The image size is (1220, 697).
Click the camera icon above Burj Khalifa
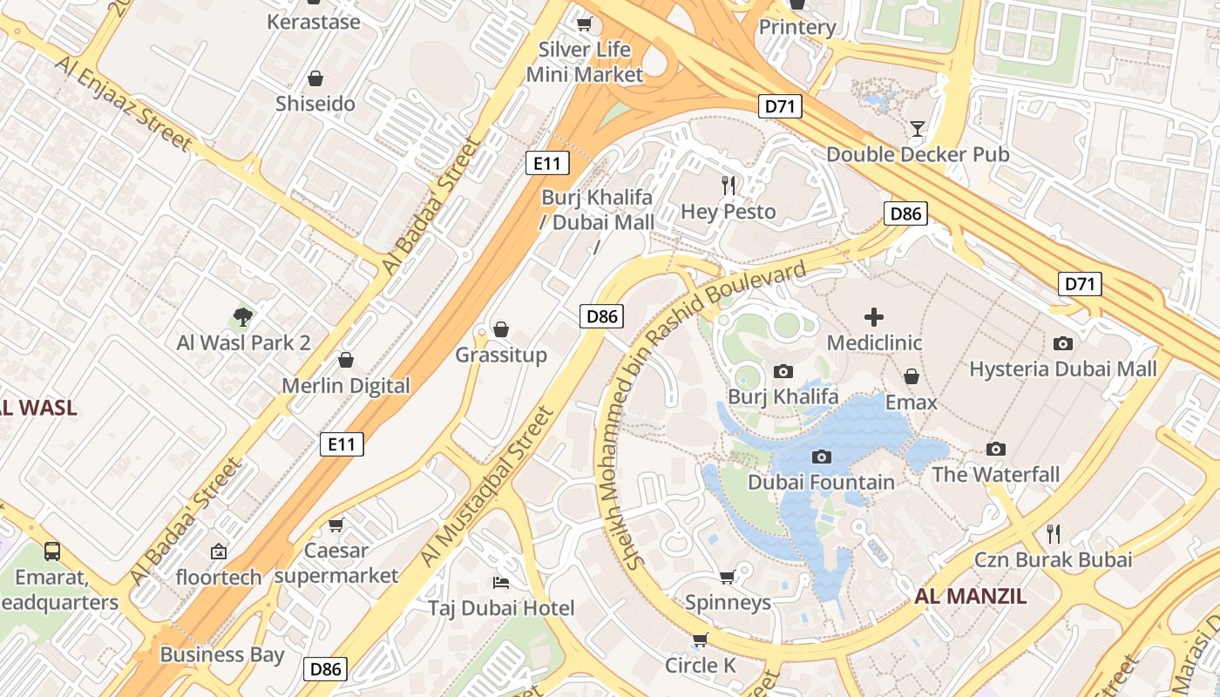783,372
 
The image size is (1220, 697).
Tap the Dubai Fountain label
821,482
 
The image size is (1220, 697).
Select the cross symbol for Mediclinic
874,317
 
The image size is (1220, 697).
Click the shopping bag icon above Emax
911,376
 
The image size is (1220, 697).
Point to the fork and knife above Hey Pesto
729,185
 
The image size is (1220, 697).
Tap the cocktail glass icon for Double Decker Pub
917,129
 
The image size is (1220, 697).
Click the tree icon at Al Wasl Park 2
243,317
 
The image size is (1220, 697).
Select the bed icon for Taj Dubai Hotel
501,582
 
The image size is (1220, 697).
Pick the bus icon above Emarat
52,551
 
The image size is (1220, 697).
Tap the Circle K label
701,666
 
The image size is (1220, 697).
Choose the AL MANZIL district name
971,597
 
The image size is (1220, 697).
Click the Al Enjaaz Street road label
123,103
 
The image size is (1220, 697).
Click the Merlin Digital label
345,385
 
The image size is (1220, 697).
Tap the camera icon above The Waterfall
995,450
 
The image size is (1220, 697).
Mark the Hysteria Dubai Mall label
1062,369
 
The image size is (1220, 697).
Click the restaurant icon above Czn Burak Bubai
1053,533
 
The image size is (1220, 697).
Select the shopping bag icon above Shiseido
315,78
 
